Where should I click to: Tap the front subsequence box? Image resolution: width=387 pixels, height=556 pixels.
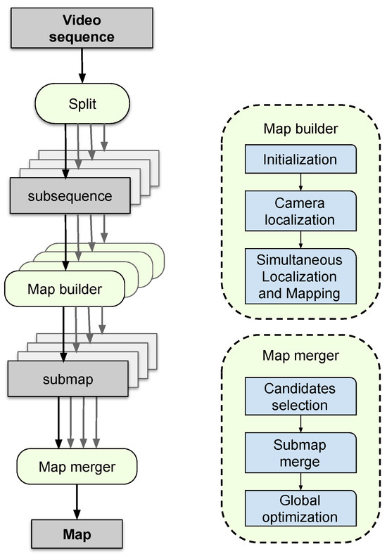(70, 195)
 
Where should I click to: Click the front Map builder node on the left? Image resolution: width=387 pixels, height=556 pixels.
(63, 289)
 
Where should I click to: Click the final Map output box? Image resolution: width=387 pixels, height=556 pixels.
(76, 534)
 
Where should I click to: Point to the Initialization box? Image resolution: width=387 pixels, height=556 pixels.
(300, 160)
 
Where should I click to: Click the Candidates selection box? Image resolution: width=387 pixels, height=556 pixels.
(300, 396)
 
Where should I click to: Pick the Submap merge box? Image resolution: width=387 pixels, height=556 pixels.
(300, 453)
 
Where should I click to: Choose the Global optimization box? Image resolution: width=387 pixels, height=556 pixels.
(300, 509)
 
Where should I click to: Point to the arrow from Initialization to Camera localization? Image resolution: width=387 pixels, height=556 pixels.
(300, 182)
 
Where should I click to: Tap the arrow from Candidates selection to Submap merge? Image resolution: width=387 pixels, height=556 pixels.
(300, 423)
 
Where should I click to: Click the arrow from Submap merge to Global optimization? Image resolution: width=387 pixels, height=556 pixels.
(300, 480)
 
